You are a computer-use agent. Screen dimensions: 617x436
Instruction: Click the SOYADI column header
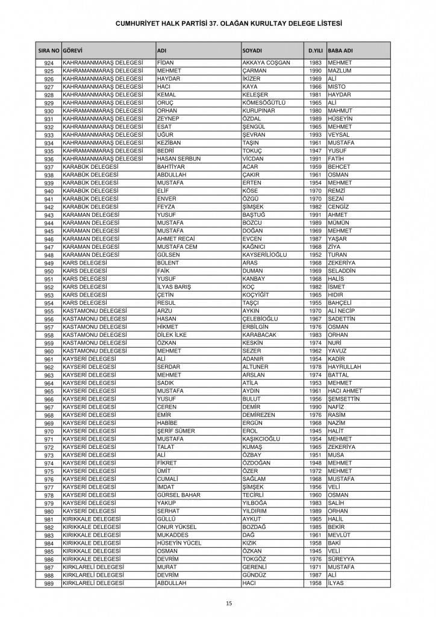point(251,50)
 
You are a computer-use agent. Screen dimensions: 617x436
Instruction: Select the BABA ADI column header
point(340,50)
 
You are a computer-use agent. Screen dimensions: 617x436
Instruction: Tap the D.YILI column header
point(314,50)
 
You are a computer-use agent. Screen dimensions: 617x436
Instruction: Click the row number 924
point(49,63)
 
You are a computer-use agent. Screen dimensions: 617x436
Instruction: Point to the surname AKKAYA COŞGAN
point(266,63)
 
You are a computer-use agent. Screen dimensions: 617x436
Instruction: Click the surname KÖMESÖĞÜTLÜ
point(263,103)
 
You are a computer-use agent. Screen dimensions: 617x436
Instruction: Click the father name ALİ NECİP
point(341,310)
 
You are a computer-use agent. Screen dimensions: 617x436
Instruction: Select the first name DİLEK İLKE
point(173,334)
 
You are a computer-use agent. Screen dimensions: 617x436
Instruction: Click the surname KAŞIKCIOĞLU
point(264,438)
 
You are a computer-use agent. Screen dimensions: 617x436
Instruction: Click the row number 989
point(49,583)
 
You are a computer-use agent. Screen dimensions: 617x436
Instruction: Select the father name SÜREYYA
point(341,558)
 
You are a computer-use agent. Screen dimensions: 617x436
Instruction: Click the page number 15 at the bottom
point(229,603)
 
